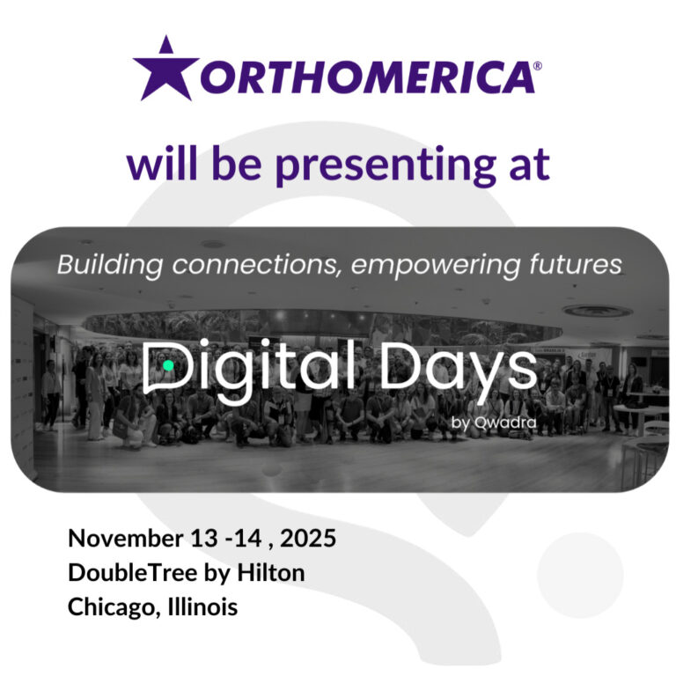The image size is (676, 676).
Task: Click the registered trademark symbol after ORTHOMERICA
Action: click(538, 64)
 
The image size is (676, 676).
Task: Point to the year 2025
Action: click(305, 539)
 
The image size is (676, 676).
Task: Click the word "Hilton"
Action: click(273, 572)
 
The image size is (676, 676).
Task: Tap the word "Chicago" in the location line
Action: click(108, 607)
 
